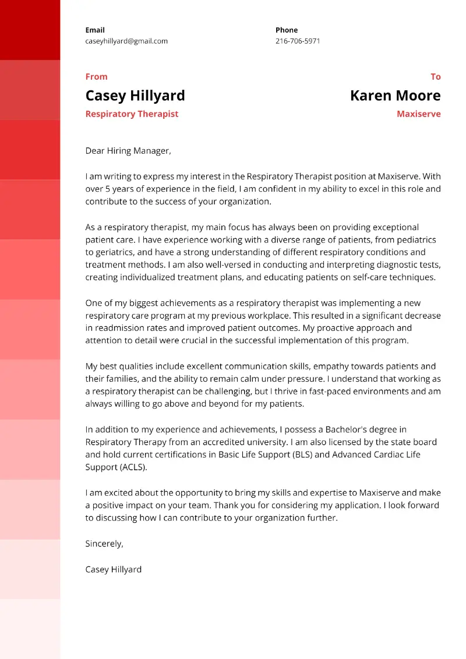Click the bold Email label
pos(95,30)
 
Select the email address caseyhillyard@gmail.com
pos(126,41)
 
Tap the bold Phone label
pos(287,30)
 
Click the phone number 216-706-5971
pos(298,41)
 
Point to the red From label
pos(96,76)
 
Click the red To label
pos(435,76)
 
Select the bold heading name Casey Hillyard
pos(135,96)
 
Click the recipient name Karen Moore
pos(395,96)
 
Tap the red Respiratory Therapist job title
pos(132,114)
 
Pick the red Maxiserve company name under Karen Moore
pos(418,114)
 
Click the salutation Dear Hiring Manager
pos(128,150)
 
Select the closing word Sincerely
pos(104,543)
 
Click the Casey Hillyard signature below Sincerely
pos(113,569)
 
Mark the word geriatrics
pos(117,252)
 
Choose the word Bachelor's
pos(341,429)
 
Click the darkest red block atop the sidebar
pos(30,30)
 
